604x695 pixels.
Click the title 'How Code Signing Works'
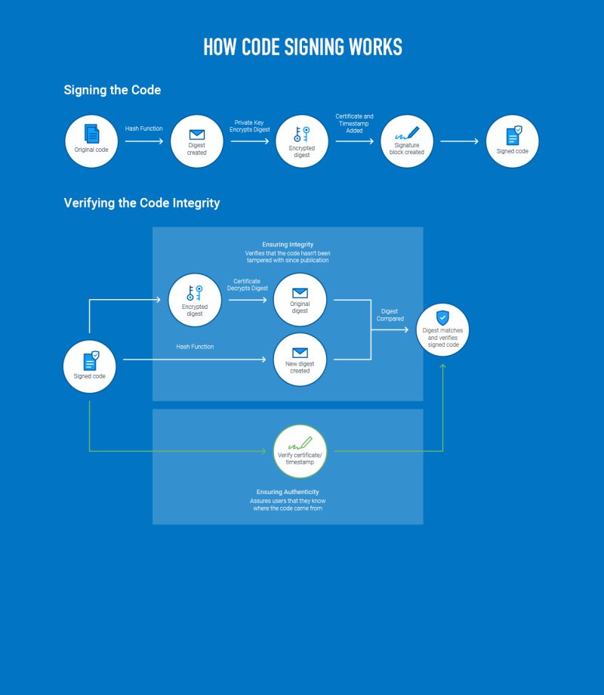click(x=302, y=47)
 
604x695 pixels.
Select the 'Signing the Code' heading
click(x=112, y=90)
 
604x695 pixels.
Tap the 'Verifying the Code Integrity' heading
click(x=142, y=203)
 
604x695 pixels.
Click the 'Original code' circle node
click(x=91, y=141)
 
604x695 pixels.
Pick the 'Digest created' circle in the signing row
click(x=196, y=141)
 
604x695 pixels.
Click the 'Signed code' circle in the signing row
click(x=513, y=141)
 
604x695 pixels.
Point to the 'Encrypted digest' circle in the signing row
click(x=302, y=141)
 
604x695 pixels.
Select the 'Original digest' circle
click(x=300, y=300)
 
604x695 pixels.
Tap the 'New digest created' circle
click(x=300, y=360)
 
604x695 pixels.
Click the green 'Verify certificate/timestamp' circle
click(x=300, y=451)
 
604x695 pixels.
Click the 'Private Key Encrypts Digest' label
click(x=250, y=126)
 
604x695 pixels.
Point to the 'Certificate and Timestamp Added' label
click(x=354, y=123)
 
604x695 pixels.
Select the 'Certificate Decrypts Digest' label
click(x=247, y=285)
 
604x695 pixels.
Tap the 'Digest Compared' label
click(x=390, y=315)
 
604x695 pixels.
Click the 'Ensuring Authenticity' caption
click(x=288, y=492)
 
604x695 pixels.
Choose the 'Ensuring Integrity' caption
click(x=288, y=245)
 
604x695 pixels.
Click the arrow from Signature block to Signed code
click(x=459, y=141)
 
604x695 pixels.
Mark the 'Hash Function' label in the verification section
click(x=195, y=347)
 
